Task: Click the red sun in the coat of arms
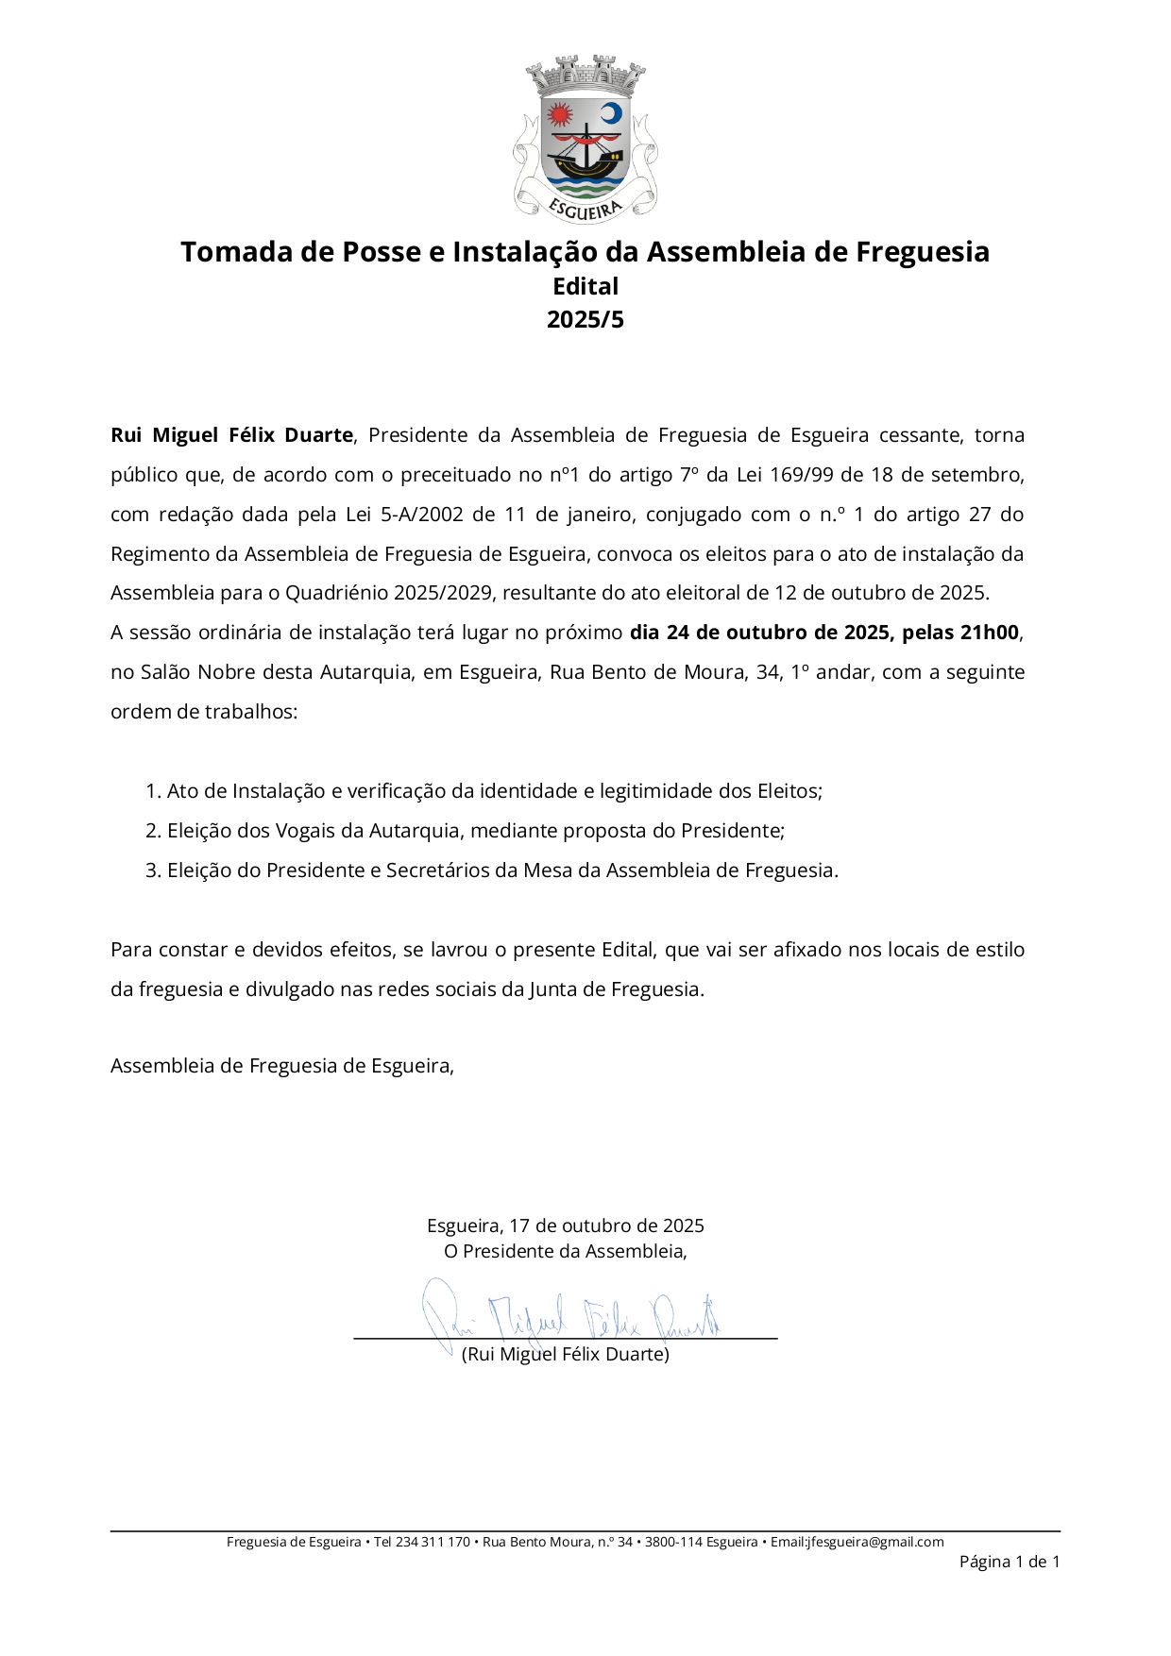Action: [560, 115]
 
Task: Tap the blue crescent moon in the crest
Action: [612, 113]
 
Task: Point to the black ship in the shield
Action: [585, 151]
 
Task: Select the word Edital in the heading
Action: [585, 286]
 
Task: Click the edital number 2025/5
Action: [585, 319]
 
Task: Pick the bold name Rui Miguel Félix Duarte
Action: [232, 435]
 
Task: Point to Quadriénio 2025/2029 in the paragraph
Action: [388, 593]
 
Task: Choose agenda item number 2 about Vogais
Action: [465, 831]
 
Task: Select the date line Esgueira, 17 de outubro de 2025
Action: [565, 1225]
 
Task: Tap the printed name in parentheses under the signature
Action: [565, 1354]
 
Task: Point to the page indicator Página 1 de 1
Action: [1009, 1562]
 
